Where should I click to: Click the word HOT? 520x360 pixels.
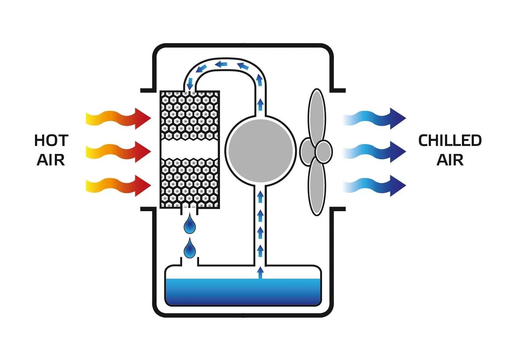51,141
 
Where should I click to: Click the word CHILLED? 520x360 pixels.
450,141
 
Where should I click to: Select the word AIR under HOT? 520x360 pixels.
51,160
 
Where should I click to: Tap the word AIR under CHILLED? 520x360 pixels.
450,160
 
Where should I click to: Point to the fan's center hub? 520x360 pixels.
323,152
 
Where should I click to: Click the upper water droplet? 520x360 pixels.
190,225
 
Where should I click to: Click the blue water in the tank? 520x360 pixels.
243,292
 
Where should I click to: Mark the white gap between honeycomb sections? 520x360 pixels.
190,149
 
